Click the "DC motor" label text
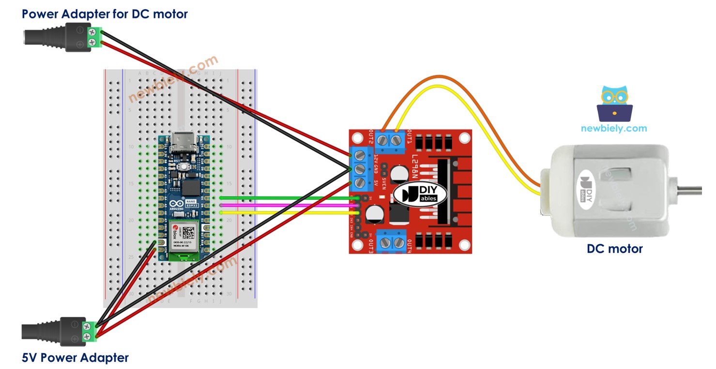pos(614,249)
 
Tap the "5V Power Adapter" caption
pos(75,358)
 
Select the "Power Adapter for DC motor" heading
pos(105,14)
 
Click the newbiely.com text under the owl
pos(614,128)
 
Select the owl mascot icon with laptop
pos(615,104)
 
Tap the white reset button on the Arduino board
pos(184,167)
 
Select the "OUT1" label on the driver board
pos(410,137)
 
